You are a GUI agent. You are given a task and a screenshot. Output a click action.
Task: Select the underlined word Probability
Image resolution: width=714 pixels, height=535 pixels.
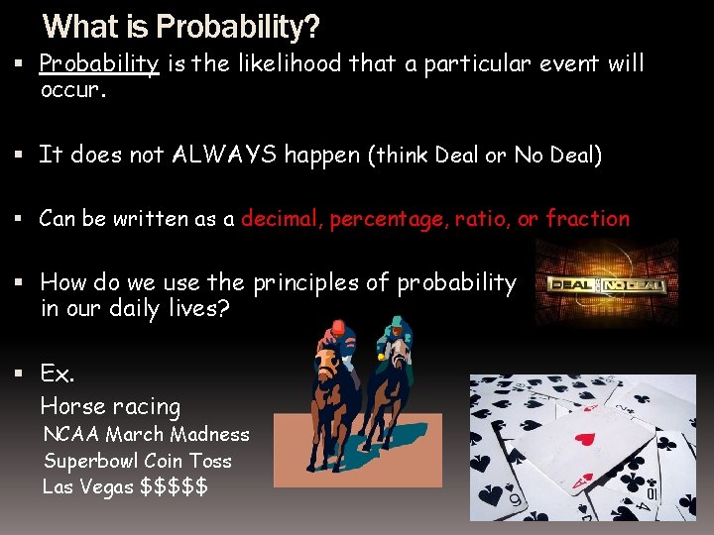pos(99,64)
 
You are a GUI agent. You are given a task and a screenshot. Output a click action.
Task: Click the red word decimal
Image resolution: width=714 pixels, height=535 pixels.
pos(281,219)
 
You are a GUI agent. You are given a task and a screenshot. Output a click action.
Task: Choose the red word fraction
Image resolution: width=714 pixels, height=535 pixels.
pos(587,219)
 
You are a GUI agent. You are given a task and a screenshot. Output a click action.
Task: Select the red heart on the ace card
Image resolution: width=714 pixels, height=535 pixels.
pos(585,437)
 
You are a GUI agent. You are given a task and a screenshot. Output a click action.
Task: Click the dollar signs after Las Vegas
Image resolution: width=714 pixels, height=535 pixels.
pos(175,486)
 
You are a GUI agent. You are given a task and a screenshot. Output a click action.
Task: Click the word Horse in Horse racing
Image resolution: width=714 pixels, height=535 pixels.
pos(69,406)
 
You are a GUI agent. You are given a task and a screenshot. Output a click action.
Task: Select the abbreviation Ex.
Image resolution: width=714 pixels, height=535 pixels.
pos(57,374)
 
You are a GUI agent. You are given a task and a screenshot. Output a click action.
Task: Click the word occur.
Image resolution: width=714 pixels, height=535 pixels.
pos(72,90)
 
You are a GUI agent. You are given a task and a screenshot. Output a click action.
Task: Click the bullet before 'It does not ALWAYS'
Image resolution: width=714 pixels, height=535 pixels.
pos(21,155)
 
